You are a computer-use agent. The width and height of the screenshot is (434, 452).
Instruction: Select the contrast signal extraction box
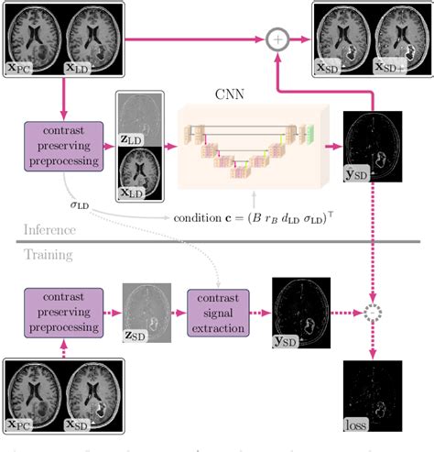coord(220,311)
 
